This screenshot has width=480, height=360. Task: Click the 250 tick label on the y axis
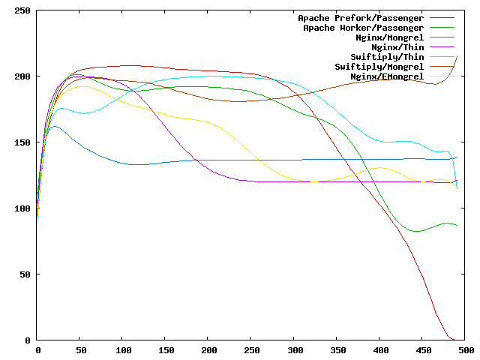22,10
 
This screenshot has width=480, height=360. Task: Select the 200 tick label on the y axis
22,76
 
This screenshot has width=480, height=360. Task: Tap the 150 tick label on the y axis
22,142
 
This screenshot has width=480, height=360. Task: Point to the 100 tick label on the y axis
22,208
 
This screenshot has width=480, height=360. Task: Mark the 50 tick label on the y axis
25,274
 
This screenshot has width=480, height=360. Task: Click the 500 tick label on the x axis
465,350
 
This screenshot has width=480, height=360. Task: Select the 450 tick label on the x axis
422,350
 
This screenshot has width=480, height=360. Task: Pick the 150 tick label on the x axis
166,350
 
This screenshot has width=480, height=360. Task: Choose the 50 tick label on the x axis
80,350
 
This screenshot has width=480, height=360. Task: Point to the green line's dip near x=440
415,232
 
